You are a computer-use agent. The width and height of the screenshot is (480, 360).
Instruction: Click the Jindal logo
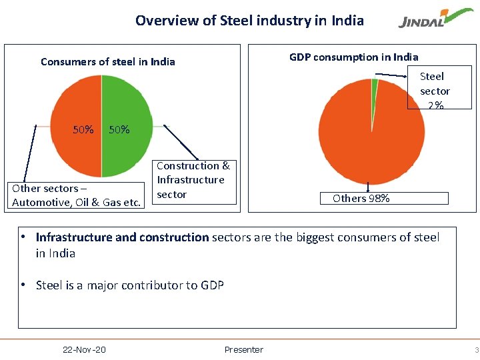point(430,21)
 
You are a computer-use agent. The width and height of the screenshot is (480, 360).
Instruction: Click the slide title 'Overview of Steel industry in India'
point(249,20)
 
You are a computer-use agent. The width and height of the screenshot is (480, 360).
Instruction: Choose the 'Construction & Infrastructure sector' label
point(193,180)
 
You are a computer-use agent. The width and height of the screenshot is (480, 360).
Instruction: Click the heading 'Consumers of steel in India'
point(107,61)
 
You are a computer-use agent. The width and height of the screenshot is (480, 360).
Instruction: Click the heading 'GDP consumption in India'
point(353,57)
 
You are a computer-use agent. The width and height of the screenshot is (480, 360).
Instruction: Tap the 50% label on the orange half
point(83,129)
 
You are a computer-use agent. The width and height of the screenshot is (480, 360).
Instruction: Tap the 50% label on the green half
point(119,129)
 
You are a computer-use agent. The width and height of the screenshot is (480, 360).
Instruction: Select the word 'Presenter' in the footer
point(243,349)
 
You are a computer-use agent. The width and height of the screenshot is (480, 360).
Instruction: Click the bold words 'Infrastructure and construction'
point(122,237)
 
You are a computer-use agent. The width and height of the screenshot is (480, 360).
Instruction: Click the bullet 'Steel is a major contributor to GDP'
point(129,285)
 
